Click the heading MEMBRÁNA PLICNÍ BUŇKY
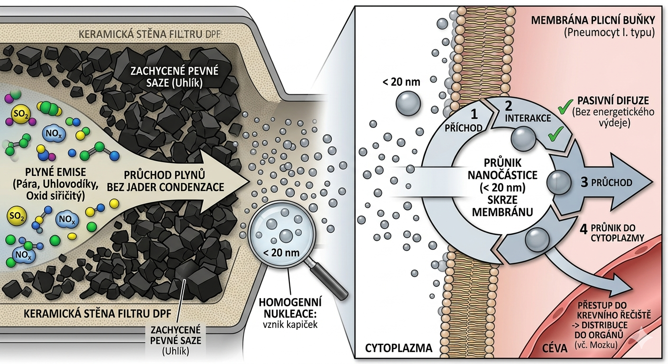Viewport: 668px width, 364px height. [x=593, y=21]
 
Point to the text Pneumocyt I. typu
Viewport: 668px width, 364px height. [x=609, y=33]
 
